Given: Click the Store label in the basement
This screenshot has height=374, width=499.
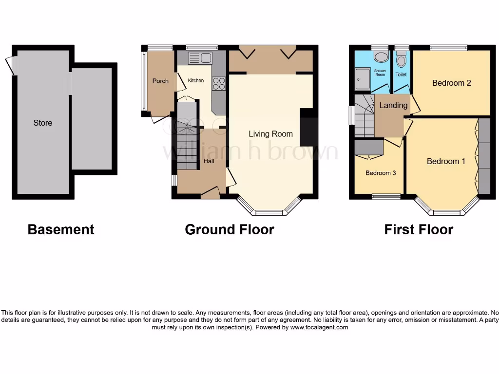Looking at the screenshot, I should (x=43, y=123).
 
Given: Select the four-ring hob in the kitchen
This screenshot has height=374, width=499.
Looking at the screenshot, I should (x=219, y=84).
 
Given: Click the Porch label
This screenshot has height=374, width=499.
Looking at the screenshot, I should (x=160, y=81).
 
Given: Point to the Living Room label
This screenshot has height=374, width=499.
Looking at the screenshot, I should (x=270, y=134).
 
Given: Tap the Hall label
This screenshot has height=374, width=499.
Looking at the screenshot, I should (x=209, y=161).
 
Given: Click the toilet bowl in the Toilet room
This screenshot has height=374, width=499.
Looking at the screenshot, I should (x=402, y=60).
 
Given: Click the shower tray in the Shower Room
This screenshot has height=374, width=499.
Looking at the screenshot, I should (x=362, y=79).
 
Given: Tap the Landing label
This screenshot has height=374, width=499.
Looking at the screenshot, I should (x=393, y=105).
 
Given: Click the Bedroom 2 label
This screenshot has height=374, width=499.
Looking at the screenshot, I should (x=451, y=83).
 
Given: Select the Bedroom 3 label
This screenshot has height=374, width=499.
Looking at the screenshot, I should (x=381, y=173).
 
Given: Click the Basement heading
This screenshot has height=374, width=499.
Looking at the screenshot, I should (x=61, y=229).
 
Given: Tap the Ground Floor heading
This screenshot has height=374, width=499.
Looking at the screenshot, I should (x=230, y=229).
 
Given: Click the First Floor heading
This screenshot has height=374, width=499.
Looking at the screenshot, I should (x=419, y=229).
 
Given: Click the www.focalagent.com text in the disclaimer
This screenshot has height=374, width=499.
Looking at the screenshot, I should (x=319, y=328).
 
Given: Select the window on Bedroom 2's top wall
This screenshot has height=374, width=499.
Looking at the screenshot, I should (x=448, y=48).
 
